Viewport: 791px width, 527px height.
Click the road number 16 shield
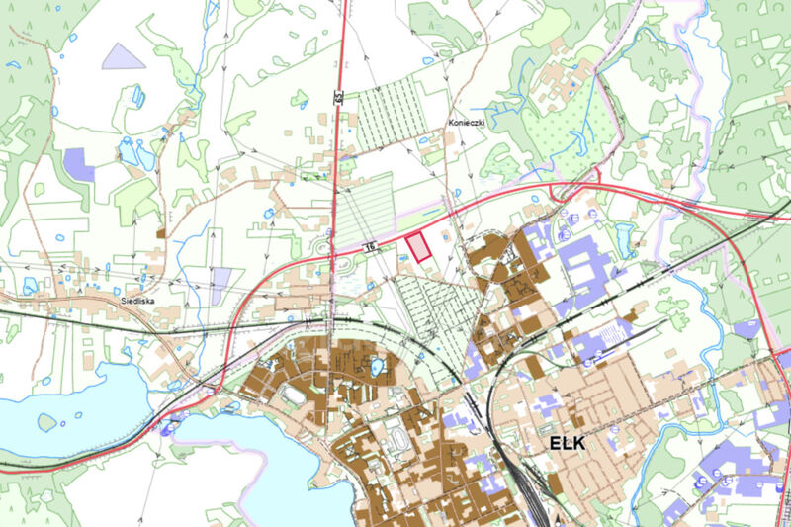point(371,247)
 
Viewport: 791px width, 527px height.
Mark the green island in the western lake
point(47,422)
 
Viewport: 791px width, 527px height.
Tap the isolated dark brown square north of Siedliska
point(161,234)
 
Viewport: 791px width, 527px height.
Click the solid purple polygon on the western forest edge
point(78,163)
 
